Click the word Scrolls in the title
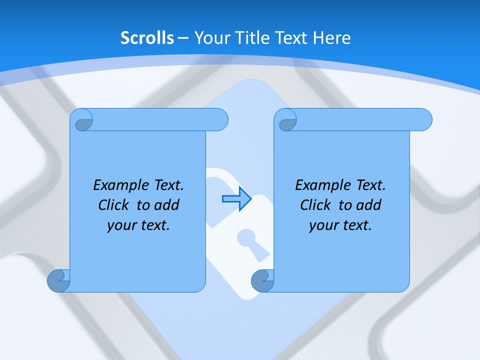coord(147,38)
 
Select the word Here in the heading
coord(332,38)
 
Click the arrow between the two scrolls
coord(236,199)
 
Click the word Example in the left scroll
coord(118,185)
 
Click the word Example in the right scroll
coord(320,185)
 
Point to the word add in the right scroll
coord(370,205)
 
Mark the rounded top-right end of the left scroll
coord(220,120)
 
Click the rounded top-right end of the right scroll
coord(424,120)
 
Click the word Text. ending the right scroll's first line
coord(370,185)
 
